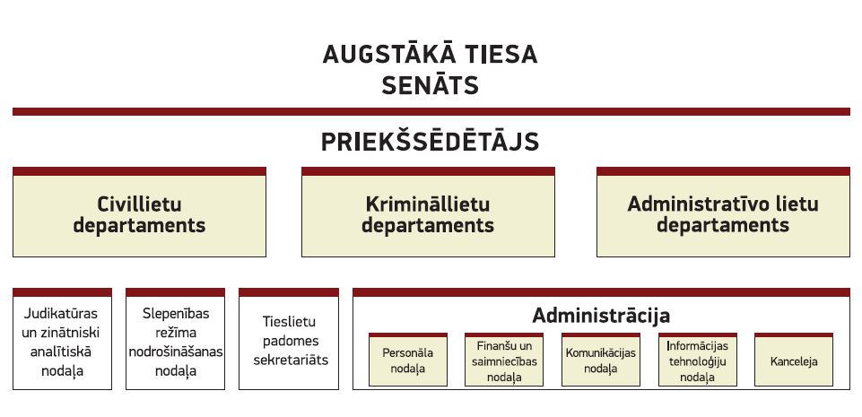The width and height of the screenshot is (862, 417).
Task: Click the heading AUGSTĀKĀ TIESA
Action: click(x=430, y=55)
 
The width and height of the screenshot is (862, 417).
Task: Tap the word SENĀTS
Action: click(x=430, y=86)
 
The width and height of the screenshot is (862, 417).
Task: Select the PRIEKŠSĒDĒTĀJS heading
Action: click(x=430, y=141)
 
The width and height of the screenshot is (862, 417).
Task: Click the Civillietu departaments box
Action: click(x=139, y=212)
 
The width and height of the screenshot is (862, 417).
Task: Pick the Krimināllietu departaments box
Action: click(x=428, y=212)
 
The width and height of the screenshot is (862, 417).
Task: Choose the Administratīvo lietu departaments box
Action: click(x=723, y=212)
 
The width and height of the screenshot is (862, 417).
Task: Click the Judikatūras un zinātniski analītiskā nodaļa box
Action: click(x=62, y=339)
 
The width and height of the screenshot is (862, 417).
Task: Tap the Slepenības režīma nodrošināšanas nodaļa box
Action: click(x=176, y=339)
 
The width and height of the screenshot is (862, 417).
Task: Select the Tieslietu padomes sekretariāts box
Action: click(x=289, y=339)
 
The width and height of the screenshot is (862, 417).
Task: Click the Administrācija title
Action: click(x=601, y=316)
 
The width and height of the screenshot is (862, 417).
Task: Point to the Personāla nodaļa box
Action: click(x=408, y=360)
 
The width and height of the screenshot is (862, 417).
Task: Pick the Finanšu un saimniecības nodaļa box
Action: click(x=504, y=360)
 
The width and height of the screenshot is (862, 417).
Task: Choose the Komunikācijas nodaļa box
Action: click(x=601, y=360)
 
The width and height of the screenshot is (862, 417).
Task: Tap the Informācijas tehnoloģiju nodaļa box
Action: click(x=698, y=360)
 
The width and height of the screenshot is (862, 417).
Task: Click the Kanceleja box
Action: click(x=794, y=360)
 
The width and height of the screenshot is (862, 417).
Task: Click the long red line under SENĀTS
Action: click(x=431, y=111)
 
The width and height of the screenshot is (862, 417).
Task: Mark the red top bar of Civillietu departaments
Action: click(x=139, y=171)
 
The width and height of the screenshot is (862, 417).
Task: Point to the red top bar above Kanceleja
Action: click(x=794, y=334)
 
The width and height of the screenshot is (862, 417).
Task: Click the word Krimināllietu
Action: click(x=428, y=204)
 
